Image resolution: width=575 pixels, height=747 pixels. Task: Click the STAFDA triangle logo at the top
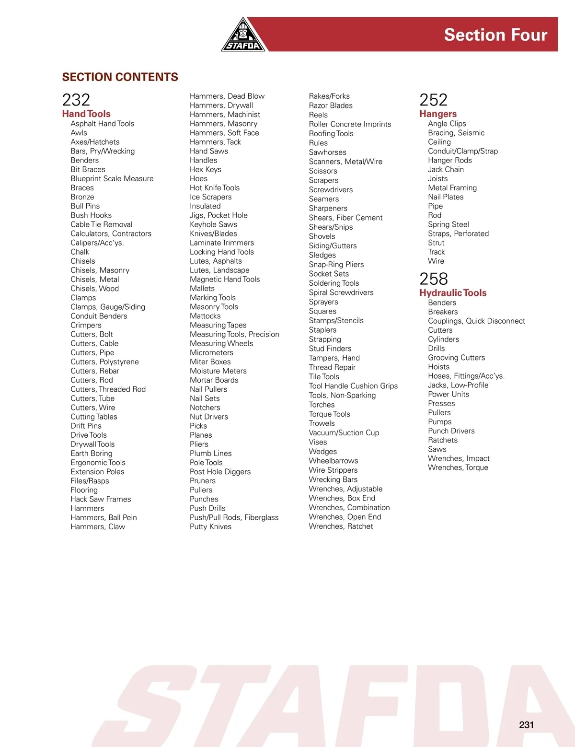(243, 36)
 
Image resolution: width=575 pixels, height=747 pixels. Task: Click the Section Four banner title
(495, 35)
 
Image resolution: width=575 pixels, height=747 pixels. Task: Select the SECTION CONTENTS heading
(120, 77)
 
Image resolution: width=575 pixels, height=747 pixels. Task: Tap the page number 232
(76, 100)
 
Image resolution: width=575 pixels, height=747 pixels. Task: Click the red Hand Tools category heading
(86, 114)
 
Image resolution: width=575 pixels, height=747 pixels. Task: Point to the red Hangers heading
(438, 114)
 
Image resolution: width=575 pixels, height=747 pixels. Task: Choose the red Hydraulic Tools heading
(453, 292)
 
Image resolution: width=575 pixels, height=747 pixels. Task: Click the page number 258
(434, 279)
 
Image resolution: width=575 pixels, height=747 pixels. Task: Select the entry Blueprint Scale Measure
(112, 178)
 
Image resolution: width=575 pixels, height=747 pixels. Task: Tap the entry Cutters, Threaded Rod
(108, 389)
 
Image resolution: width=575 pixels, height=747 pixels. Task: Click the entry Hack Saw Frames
(101, 499)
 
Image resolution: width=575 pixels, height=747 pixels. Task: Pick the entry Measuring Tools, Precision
(234, 334)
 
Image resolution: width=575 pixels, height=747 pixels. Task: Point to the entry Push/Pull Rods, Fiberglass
(234, 517)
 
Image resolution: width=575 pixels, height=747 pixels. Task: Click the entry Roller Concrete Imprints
(350, 124)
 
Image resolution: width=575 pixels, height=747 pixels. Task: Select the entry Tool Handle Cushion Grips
(353, 386)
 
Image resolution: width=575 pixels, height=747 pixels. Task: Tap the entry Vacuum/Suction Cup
(344, 432)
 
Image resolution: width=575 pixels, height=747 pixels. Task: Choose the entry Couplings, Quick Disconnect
(476, 321)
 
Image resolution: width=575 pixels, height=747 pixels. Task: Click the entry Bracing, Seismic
(456, 133)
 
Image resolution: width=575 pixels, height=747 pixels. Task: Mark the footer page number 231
(526, 725)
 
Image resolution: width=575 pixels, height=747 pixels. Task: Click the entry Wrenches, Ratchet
(341, 526)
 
